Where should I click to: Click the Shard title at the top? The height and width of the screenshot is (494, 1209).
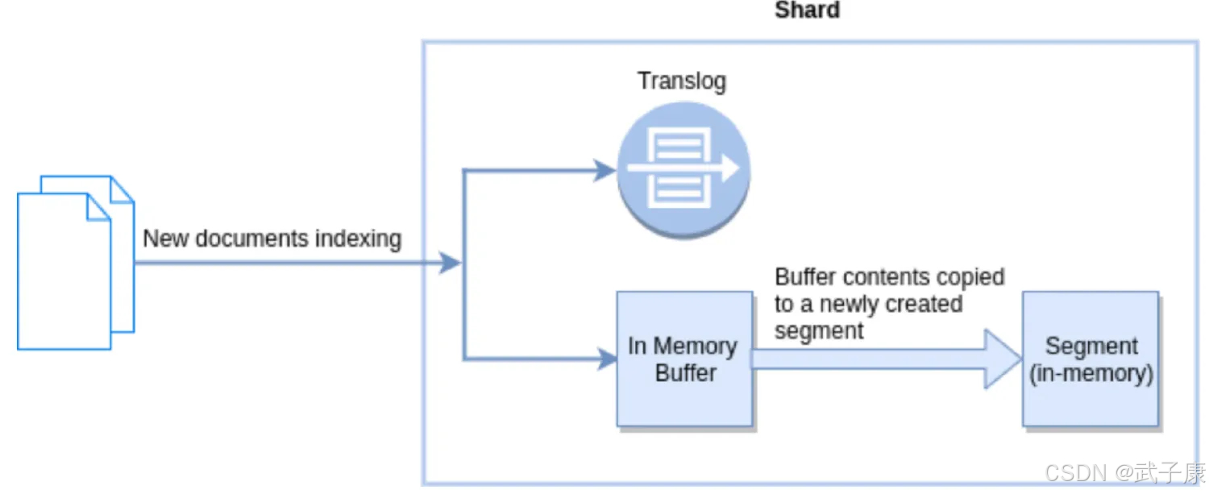(x=807, y=10)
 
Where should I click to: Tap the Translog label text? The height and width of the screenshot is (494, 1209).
(x=682, y=81)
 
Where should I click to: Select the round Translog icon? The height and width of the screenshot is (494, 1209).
(x=683, y=170)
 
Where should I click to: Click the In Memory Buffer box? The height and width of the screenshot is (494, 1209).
(x=684, y=359)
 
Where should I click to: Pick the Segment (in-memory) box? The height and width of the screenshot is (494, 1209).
(x=1091, y=359)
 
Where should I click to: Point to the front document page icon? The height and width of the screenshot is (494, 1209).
(x=63, y=272)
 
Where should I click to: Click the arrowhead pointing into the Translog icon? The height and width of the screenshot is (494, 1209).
(x=604, y=170)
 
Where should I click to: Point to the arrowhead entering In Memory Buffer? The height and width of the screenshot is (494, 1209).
(x=606, y=359)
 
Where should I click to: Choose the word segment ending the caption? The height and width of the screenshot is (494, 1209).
(x=819, y=330)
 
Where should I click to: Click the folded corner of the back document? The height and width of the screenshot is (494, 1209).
(x=122, y=189)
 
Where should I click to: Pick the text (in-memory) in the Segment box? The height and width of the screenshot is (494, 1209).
(x=1091, y=374)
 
